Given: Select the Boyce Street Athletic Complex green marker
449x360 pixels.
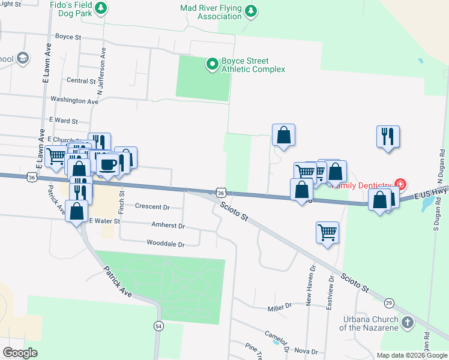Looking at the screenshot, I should [211, 63].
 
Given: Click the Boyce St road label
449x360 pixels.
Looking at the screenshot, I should [68, 37].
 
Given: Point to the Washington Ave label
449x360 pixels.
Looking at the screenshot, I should [74, 101].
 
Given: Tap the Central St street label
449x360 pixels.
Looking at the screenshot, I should [81, 80].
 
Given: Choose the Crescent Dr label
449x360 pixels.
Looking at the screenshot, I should [152, 207].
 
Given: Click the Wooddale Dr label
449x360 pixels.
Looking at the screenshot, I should [165, 244].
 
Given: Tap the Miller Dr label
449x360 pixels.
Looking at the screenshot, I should [279, 306].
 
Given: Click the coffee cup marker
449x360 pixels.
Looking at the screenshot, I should [108, 164].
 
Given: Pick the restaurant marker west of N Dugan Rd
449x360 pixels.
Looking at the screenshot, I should [388, 136].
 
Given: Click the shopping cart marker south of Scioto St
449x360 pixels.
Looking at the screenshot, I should [327, 232].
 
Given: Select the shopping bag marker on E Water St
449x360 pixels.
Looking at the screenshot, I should [77, 211].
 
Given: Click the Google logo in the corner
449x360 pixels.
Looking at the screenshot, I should [20, 353].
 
